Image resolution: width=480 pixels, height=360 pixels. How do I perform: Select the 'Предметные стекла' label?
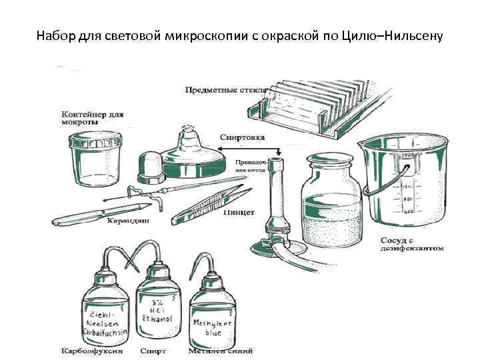click(226, 89)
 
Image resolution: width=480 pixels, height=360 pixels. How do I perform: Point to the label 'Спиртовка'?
click(242, 137)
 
